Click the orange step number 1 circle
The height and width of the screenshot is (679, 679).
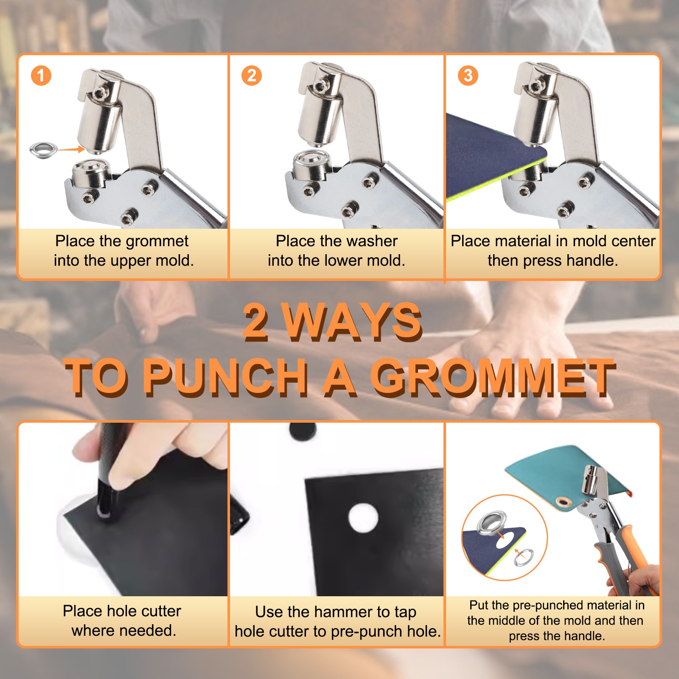(x=41, y=76)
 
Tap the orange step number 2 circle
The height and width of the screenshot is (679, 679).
(x=252, y=76)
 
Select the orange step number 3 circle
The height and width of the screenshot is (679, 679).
(x=468, y=76)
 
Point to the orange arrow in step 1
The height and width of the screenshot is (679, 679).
(x=71, y=149)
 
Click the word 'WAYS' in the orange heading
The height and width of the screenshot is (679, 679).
(x=352, y=322)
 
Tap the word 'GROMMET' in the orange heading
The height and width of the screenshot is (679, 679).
(x=493, y=377)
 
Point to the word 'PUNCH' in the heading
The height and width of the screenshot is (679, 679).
(x=225, y=377)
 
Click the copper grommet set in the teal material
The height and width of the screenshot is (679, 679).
(x=564, y=502)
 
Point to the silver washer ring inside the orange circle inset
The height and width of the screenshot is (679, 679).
(x=524, y=557)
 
